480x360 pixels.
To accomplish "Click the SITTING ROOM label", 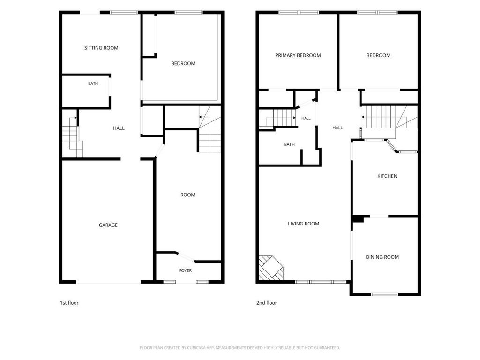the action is pos(101,48).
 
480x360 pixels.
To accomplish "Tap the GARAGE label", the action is pos(108,225).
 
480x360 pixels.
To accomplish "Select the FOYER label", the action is pos(186,270).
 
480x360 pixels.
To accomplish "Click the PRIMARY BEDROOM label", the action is pos(298,55).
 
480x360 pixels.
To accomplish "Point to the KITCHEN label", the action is pos(387,176).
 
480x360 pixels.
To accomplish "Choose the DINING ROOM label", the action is pos(382,257).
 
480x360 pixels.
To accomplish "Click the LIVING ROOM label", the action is pos(304,224).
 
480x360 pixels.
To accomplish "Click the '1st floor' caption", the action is pos(69,303).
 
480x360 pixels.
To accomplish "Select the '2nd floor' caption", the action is pos(267,303).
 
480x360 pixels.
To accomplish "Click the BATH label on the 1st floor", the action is pos(93,83).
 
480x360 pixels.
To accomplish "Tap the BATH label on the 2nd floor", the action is pos(289,144).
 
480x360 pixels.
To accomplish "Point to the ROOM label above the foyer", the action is pos(187,195).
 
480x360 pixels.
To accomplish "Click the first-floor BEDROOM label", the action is pos(183,63).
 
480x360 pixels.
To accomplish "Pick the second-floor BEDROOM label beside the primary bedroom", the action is pos(378,55).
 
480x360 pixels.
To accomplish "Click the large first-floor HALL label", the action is pos(119,128).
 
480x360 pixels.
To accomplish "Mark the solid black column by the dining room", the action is pos(358,219).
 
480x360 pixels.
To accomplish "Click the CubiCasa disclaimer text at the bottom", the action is pos(240,348).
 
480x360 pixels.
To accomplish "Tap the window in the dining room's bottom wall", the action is pos(384,294).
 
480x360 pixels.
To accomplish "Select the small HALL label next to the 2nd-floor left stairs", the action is pos(306,118).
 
